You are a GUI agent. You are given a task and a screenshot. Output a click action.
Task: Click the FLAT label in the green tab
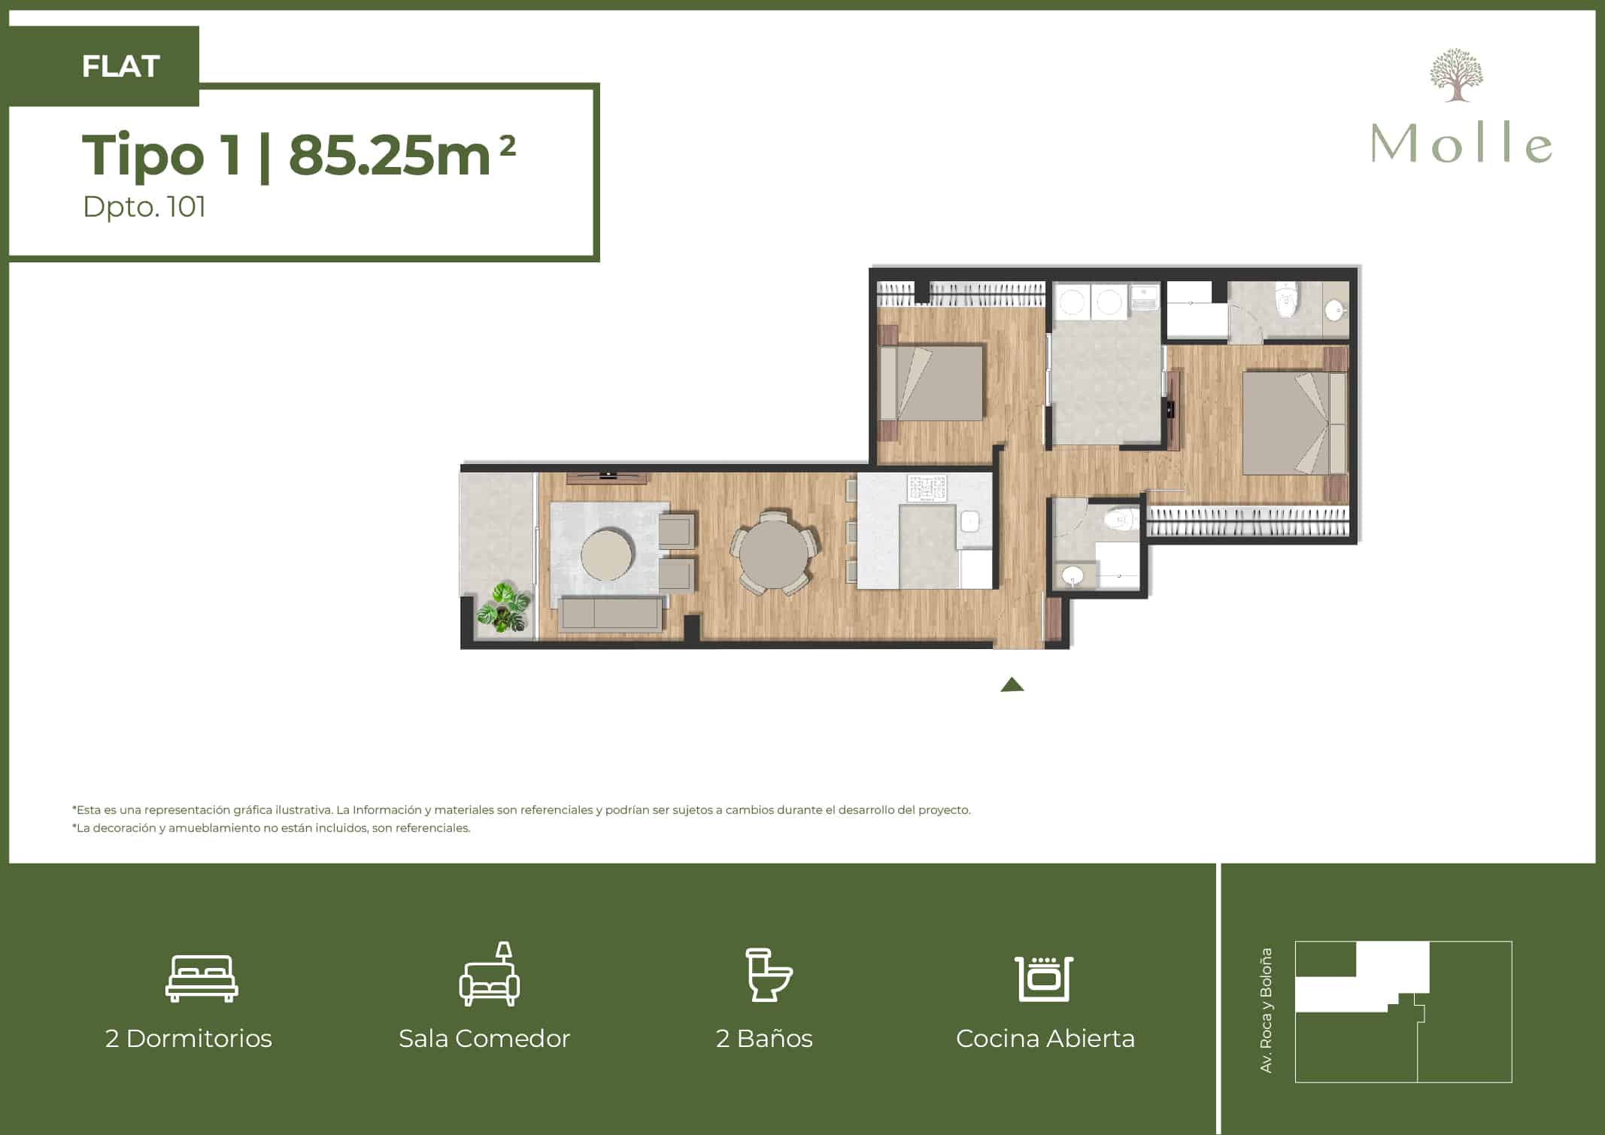tap(120, 66)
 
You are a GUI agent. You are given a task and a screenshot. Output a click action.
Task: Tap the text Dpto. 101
tap(144, 207)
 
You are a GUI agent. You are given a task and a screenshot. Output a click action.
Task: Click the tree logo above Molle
tap(1456, 75)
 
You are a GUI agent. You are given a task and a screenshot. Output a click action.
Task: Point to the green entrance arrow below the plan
tap(1012, 684)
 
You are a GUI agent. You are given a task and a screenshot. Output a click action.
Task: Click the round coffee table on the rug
tap(607, 554)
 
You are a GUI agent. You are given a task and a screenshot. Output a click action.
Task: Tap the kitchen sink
tap(970, 520)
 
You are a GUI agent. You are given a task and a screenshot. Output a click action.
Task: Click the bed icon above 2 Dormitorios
tap(202, 979)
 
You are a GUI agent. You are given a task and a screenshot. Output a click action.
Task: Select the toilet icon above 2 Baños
tap(769, 975)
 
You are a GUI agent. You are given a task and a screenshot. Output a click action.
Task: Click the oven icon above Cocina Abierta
tap(1044, 978)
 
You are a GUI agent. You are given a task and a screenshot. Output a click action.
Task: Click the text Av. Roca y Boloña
tap(1267, 1010)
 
